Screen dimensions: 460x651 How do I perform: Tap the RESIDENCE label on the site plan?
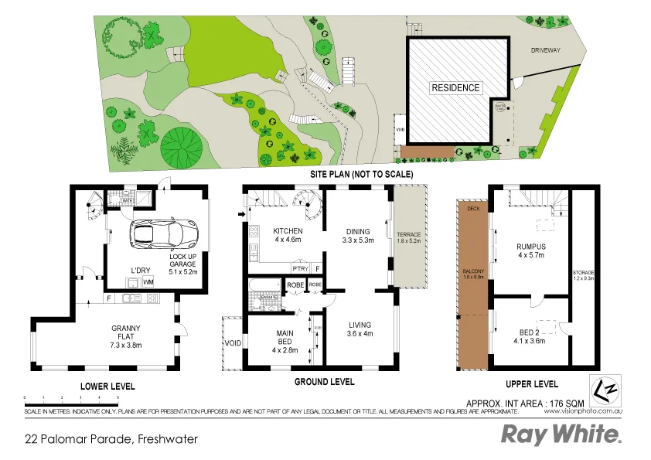click(x=455, y=88)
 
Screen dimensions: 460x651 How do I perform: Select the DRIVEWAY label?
click(x=545, y=50)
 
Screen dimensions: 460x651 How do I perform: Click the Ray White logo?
click(x=561, y=434)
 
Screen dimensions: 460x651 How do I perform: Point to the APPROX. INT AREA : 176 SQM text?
click(x=525, y=403)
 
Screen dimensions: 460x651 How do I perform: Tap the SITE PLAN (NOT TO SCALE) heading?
click(x=362, y=175)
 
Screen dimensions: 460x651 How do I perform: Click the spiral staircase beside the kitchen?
click(x=309, y=210)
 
